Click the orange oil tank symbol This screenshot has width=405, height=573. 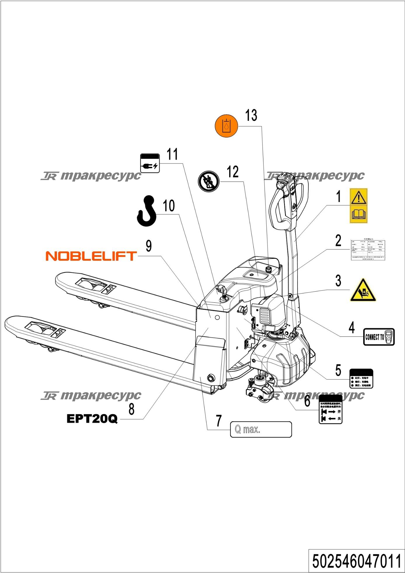[226, 126]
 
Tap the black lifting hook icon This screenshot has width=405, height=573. [147, 211]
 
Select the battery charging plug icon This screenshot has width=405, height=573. [150, 163]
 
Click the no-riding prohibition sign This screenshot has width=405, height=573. [208, 182]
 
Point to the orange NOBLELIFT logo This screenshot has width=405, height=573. [91, 256]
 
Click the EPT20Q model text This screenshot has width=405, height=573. [92, 419]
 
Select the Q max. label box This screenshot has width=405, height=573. [261, 429]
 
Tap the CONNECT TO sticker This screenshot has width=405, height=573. [379, 337]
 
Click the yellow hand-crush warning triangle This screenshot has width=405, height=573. [363, 291]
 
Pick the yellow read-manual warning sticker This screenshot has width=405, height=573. [359, 206]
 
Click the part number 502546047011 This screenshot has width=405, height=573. [357, 561]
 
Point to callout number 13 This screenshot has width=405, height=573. [251, 115]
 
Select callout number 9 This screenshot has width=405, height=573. [149, 246]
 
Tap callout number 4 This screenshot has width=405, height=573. [352, 328]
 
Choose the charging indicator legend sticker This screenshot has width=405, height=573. [361, 379]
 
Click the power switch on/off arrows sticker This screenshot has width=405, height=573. [330, 409]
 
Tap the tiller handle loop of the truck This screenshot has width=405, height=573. [289, 201]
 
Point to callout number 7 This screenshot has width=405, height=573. [219, 421]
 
